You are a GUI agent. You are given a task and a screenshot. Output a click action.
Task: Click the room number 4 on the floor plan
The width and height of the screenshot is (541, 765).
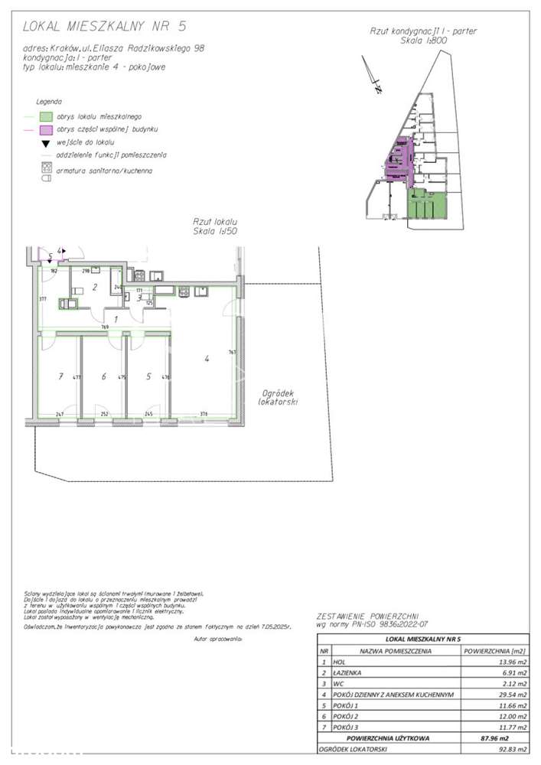206,357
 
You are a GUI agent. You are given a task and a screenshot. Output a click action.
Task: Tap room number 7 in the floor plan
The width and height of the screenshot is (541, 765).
59,376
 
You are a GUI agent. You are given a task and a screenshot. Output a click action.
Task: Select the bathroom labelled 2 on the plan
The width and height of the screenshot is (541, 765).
94,288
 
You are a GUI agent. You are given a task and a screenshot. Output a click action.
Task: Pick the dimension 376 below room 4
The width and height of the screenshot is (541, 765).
204,414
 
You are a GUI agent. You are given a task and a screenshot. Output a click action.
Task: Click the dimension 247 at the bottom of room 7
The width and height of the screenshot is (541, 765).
59,414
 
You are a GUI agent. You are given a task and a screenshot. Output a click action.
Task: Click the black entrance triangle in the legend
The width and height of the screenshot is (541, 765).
46,143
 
